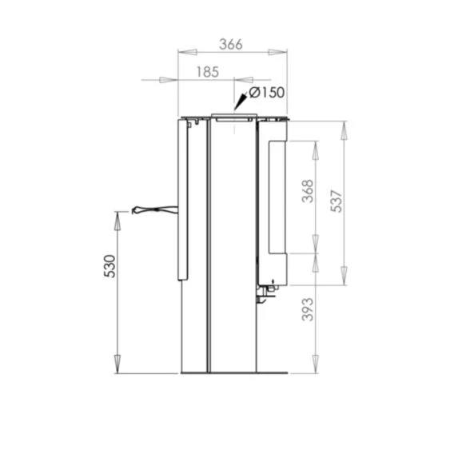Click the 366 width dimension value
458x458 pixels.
tap(231, 45)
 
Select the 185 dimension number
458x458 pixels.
tap(207, 72)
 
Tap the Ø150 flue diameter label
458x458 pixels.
tap(267, 93)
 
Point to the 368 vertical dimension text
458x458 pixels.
tap(308, 191)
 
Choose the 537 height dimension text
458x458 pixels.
tap(337, 201)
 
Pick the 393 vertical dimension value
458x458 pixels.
tap(308, 309)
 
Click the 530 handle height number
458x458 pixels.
tap(110, 266)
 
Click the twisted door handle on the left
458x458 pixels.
tap(155, 209)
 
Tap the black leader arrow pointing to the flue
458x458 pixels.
tap(241, 101)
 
